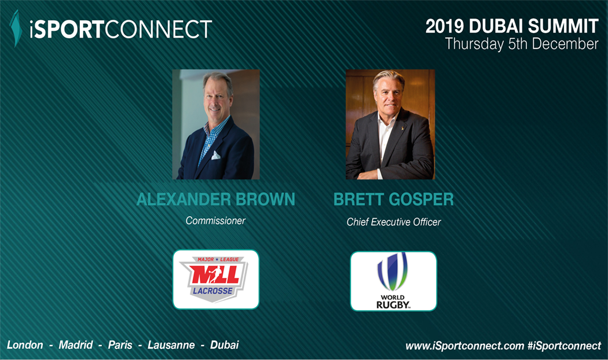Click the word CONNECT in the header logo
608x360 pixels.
(158, 30)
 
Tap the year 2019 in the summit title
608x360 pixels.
(444, 26)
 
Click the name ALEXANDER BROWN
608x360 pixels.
(215, 199)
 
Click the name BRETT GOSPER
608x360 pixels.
(393, 199)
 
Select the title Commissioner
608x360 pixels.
(215, 221)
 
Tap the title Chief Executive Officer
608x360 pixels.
(394, 222)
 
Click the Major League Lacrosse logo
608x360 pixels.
(215, 280)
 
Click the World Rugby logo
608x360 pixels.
(393, 281)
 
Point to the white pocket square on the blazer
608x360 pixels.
(215, 155)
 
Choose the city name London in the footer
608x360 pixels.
(25, 345)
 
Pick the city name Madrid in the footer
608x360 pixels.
(76, 345)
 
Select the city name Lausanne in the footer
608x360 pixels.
(171, 345)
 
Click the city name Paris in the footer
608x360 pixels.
(120, 345)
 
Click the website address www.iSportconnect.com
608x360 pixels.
(464, 346)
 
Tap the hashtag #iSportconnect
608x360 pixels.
(564, 346)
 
